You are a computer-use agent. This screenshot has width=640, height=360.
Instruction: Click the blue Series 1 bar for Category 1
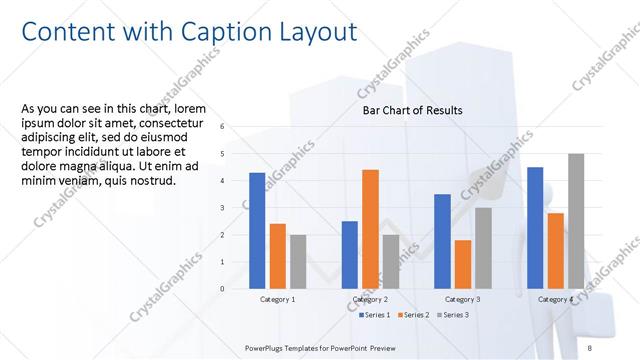pos(257,231)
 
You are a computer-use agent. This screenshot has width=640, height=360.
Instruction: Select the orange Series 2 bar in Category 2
pos(370,229)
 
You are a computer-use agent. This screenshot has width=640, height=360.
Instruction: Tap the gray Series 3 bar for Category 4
pos(576,221)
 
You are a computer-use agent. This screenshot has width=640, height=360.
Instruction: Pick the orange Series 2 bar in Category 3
pos(462,264)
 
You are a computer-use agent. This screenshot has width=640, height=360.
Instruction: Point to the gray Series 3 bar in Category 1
pos(298,262)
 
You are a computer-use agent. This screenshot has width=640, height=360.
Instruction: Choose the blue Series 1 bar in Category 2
pos(350,255)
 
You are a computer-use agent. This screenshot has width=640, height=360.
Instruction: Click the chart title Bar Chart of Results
pos(412,110)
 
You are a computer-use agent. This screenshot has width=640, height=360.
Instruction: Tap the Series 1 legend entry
pos(373,315)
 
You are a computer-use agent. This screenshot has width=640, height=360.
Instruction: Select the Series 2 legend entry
pos(414,315)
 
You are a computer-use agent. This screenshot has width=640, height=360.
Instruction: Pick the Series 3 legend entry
pos(455,315)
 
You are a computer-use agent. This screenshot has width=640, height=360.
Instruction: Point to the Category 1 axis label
pos(278,299)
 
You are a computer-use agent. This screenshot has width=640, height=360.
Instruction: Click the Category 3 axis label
pos(463,299)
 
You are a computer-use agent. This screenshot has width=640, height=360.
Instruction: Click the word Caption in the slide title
pos(222,32)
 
